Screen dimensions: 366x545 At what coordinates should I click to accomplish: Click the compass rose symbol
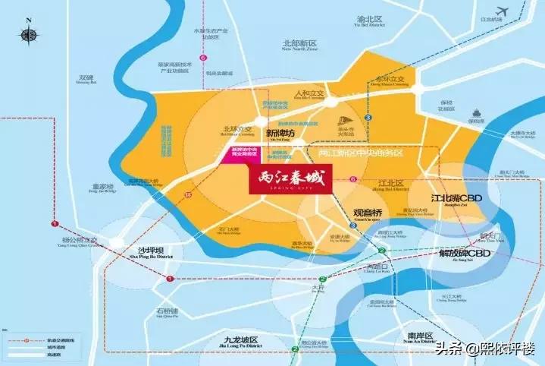click(29, 34)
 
